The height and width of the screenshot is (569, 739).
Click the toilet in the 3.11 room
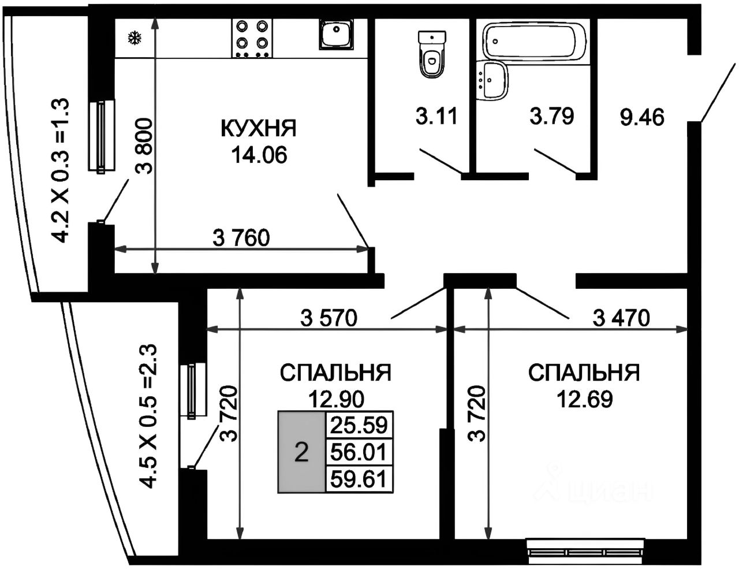(432, 55)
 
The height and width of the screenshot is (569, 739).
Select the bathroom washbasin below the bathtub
(492, 80)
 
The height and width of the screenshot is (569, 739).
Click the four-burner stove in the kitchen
(252, 38)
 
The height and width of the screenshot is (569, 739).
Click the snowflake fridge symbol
(135, 39)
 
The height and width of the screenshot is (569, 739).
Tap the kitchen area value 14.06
(259, 154)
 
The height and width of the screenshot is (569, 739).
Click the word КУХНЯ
(259, 129)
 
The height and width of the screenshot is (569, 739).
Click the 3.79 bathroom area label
(552, 117)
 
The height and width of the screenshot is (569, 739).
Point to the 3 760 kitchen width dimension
(241, 238)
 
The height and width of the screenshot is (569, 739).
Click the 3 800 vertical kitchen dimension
(144, 147)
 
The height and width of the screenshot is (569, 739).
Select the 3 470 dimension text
(622, 318)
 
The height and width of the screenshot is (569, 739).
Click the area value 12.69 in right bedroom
(584, 399)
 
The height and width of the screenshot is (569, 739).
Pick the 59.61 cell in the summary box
(359, 479)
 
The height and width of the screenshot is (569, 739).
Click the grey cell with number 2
(302, 452)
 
